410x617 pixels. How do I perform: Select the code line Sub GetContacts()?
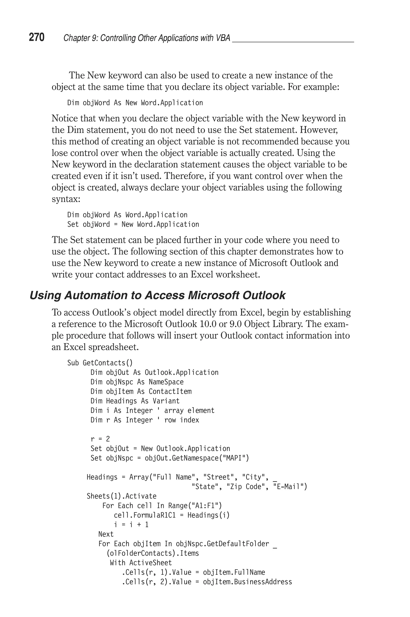pyautogui.click(x=100, y=363)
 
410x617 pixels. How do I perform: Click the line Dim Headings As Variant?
pyautogui.click(x=135, y=401)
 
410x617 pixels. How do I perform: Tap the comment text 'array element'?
pyautogui.click(x=189, y=410)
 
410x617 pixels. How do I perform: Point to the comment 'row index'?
pyautogui.click(x=181, y=420)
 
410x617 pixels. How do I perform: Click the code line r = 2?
pyautogui.click(x=100, y=439)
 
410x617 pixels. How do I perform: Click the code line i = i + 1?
pyautogui.click(x=131, y=524)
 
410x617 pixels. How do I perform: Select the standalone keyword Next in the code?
pyautogui.click(x=106, y=534)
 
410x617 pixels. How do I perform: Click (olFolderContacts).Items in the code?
pyautogui.click(x=153, y=553)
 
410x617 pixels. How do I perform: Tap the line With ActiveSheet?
pyautogui.click(x=141, y=562)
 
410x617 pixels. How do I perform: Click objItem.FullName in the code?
pyautogui.click(x=234, y=572)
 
